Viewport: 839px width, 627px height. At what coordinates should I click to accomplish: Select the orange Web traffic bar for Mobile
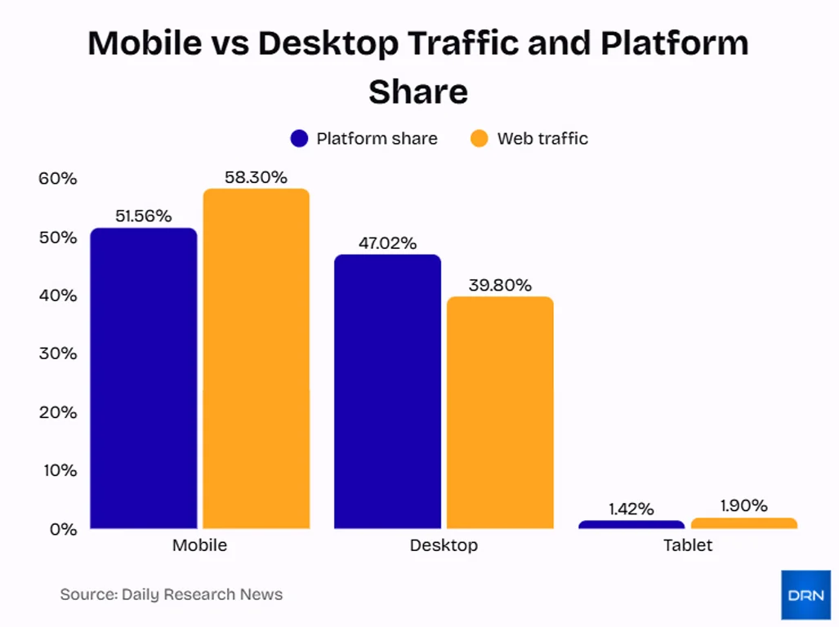pyautogui.click(x=257, y=359)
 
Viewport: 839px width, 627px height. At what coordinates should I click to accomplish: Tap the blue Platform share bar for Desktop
pyautogui.click(x=387, y=392)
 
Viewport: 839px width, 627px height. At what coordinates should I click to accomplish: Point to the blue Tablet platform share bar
pyautogui.click(x=631, y=524)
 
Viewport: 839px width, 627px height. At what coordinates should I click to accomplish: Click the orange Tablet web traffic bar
pyautogui.click(x=744, y=523)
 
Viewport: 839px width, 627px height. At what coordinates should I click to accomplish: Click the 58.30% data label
pyautogui.click(x=257, y=177)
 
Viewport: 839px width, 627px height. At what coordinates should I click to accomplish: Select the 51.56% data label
pyautogui.click(x=143, y=216)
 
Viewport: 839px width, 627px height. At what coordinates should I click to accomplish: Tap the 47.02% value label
pyautogui.click(x=387, y=243)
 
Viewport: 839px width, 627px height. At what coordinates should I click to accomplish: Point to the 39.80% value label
pyautogui.click(x=500, y=285)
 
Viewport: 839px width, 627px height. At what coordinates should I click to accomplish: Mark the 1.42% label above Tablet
pyautogui.click(x=631, y=509)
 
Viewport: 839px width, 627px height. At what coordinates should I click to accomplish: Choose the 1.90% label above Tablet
pyautogui.click(x=743, y=506)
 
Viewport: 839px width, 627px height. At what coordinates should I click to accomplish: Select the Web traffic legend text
pyautogui.click(x=542, y=139)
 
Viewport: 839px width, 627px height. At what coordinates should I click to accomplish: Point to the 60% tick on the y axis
pyautogui.click(x=57, y=179)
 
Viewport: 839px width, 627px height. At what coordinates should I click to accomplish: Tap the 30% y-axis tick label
pyautogui.click(x=57, y=354)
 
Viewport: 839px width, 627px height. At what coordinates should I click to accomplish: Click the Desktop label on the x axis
pyautogui.click(x=444, y=545)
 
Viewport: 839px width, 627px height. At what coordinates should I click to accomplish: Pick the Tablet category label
pyautogui.click(x=688, y=545)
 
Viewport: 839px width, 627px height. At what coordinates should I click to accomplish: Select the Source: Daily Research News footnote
pyautogui.click(x=172, y=594)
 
